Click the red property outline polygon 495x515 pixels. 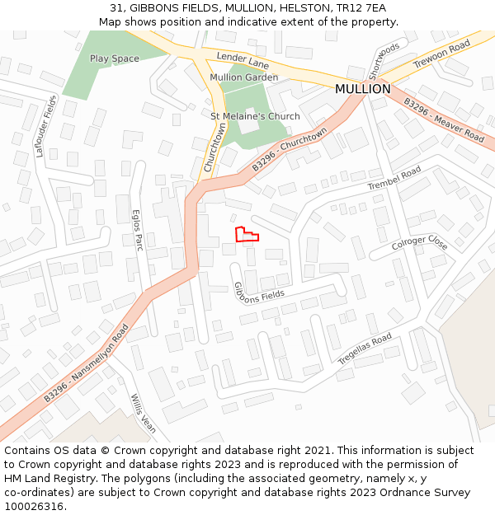click(x=245, y=235)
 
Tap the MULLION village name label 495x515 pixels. click(x=362, y=89)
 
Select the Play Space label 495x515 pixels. click(x=115, y=59)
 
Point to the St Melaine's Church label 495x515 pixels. click(x=255, y=116)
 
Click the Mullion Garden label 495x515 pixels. click(x=243, y=77)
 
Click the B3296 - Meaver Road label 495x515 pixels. click(x=443, y=120)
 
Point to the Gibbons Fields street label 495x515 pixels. click(x=259, y=291)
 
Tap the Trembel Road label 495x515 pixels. click(x=394, y=179)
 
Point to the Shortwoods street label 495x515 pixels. click(x=384, y=60)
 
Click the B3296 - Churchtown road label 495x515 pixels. click(x=290, y=149)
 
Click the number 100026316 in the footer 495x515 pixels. click(x=33, y=507)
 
